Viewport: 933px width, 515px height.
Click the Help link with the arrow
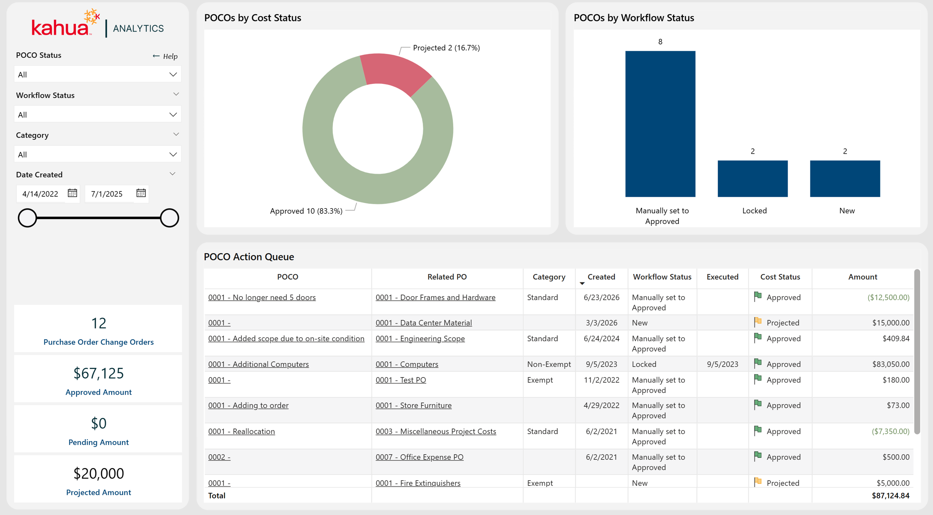point(165,56)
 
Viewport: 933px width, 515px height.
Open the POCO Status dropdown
point(98,74)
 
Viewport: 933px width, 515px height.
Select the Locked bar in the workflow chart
point(753,178)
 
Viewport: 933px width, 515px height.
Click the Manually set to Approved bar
point(660,124)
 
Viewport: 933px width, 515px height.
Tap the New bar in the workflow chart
point(845,178)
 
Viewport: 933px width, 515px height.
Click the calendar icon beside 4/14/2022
point(73,193)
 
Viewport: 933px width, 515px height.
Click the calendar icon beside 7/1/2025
point(141,193)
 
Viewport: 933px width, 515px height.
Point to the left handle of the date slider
point(27,218)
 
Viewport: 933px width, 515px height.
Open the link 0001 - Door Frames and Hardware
point(435,297)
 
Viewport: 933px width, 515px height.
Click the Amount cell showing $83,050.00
point(891,364)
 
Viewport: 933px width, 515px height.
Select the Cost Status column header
point(780,277)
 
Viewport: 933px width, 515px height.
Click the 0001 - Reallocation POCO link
point(242,431)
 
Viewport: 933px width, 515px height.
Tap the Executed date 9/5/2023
point(722,364)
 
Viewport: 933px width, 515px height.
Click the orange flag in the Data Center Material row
point(758,322)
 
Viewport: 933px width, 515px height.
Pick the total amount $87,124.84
point(891,496)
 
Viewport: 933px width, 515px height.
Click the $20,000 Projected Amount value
point(99,473)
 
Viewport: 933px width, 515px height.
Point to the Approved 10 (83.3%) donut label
point(306,211)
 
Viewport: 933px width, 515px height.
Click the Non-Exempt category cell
point(549,364)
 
